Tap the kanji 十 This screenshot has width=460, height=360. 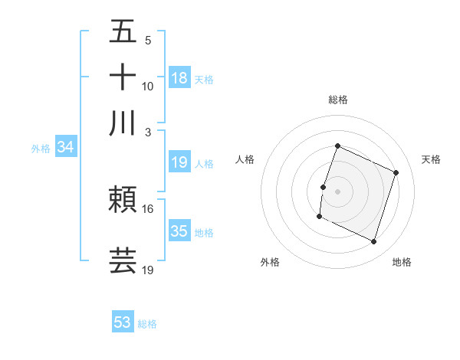pos(123,78)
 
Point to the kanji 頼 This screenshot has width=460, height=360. pos(123,201)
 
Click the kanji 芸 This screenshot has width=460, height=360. pos(123,260)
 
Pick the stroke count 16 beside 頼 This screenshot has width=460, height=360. pos(148,209)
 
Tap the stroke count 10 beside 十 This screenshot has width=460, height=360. pos(148,87)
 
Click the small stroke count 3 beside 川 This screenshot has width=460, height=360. pos(148,131)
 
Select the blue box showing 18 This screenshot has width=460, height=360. pos(179,77)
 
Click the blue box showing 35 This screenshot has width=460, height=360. pos(179,231)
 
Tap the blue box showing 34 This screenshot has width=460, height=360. pos(65,147)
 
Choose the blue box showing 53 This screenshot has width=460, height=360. pos(123,322)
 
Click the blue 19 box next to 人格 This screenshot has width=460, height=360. pos(179,162)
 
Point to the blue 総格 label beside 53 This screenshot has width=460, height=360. pos(147,324)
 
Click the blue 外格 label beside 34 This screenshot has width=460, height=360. pos(41,149)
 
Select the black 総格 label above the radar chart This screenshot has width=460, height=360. pos(337,100)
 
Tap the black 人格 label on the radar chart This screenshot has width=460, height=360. pos(245,159)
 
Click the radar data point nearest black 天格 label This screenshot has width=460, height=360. pos(396,172)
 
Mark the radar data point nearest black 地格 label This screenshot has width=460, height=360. pos(374,241)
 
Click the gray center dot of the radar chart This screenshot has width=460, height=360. pos(337,190)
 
